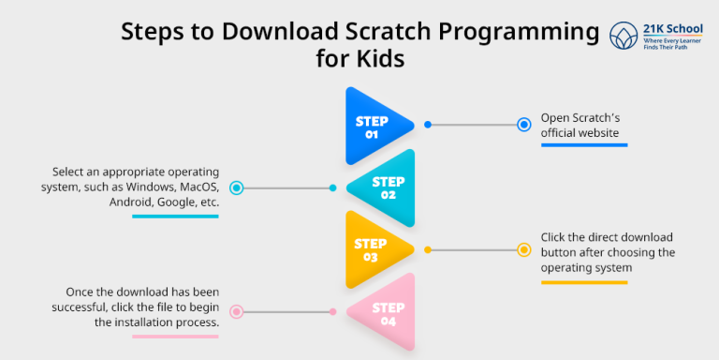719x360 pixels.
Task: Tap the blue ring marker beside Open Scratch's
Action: [524, 124]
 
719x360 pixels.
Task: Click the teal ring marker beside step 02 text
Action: [237, 187]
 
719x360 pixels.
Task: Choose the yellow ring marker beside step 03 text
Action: [524, 249]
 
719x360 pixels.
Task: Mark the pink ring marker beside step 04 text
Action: [237, 311]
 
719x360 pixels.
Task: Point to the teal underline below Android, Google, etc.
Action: [175, 217]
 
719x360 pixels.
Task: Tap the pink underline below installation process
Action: [175, 336]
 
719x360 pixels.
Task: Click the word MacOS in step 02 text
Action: [196, 187]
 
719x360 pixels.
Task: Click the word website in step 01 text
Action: [599, 133]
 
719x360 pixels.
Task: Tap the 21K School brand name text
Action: [667, 30]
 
